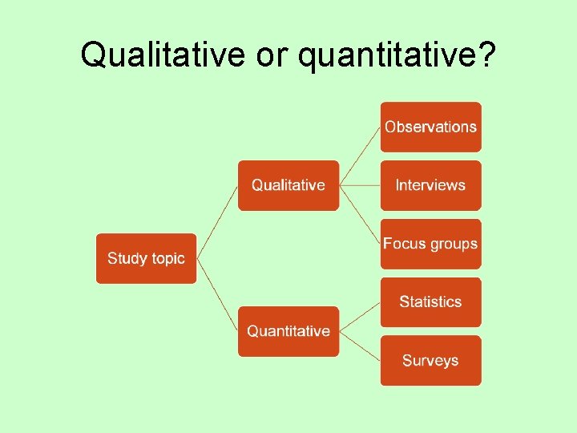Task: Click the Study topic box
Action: click(x=146, y=258)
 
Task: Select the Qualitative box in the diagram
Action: click(x=288, y=185)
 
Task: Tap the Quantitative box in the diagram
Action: click(x=288, y=331)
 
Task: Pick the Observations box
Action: click(x=430, y=127)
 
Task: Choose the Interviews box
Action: click(x=430, y=185)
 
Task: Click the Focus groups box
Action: click(x=430, y=244)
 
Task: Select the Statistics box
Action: click(x=430, y=302)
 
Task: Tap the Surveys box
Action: click(x=430, y=361)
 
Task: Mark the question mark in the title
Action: click(x=486, y=55)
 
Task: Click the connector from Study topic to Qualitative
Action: click(x=216, y=223)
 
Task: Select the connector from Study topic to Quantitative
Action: click(x=216, y=293)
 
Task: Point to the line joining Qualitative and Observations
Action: click(x=360, y=156)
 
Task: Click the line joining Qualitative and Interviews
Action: click(x=360, y=185)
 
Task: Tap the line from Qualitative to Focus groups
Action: click(x=360, y=215)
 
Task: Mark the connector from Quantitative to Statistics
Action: click(x=360, y=317)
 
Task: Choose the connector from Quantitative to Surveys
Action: click(x=360, y=346)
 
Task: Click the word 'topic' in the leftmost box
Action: click(x=166, y=259)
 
